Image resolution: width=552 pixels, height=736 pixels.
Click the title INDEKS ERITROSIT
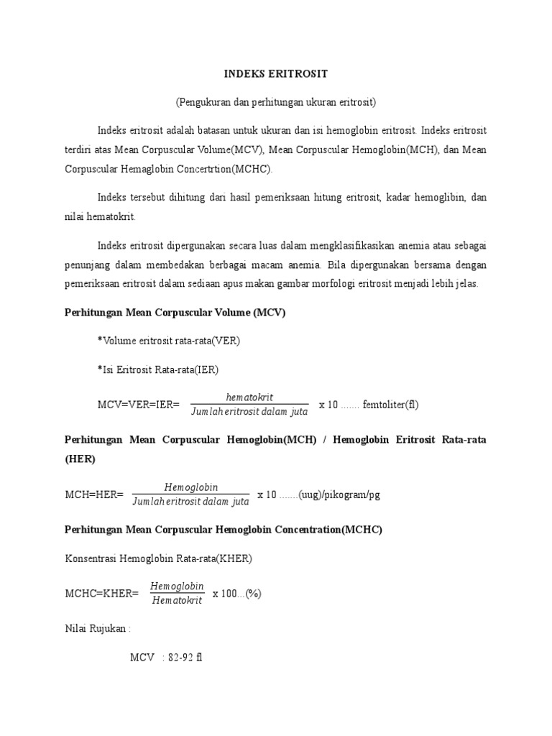pyautogui.click(x=275, y=74)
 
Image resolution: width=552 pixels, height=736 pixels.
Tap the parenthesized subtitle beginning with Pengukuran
pyautogui.click(x=275, y=102)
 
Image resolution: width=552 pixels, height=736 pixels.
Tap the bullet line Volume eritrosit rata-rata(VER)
pyautogui.click(x=169, y=341)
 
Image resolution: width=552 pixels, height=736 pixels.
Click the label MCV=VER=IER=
pyautogui.click(x=138, y=405)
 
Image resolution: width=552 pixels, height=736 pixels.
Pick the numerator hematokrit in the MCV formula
pyautogui.click(x=249, y=397)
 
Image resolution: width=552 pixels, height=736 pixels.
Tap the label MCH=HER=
pyautogui.click(x=94, y=494)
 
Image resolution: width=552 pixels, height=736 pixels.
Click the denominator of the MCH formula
pyautogui.click(x=190, y=501)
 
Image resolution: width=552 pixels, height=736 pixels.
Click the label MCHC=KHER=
pyautogui.click(x=101, y=593)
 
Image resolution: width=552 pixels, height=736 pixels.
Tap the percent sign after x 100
pyautogui.click(x=253, y=593)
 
